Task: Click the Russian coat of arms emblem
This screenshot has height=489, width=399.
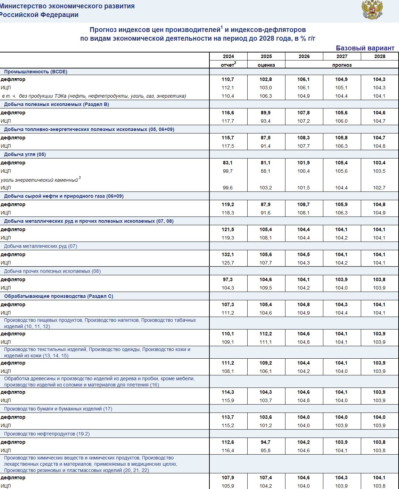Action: (x=372, y=10)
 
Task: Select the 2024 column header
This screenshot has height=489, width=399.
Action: (x=228, y=56)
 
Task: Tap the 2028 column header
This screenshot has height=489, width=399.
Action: (x=380, y=56)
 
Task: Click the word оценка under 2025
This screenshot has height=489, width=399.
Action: (x=266, y=65)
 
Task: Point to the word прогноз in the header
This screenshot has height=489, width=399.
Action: (x=342, y=65)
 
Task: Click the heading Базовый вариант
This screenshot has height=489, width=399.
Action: (x=365, y=48)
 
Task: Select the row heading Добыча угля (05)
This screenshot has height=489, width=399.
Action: (x=25, y=154)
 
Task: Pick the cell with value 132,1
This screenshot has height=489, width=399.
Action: (x=228, y=254)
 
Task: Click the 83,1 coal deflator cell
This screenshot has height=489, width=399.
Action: (x=228, y=163)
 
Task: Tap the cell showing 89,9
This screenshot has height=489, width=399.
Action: (x=266, y=113)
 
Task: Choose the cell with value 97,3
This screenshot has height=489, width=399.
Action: (x=228, y=279)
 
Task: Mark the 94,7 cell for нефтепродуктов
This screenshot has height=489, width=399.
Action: (x=266, y=442)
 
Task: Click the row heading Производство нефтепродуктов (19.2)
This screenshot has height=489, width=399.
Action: (x=47, y=434)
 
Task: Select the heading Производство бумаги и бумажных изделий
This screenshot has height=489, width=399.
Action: (x=58, y=409)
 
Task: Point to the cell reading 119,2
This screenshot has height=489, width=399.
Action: (x=228, y=204)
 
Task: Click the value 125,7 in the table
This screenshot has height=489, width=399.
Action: (x=228, y=263)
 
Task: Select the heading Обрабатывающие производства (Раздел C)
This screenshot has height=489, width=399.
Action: (x=59, y=296)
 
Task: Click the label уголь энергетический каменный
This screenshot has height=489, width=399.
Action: (x=39, y=180)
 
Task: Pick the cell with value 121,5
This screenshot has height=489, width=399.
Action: (x=228, y=229)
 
